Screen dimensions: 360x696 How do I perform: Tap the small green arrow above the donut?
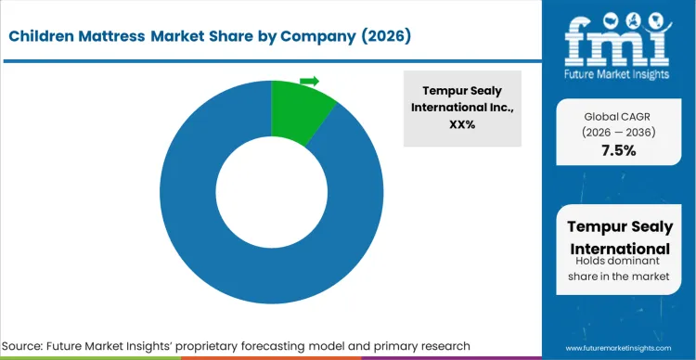(310, 81)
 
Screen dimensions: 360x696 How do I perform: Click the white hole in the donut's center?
(271, 192)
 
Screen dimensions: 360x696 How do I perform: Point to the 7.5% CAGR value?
(617, 151)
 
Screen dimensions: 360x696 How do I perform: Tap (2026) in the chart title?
(381, 36)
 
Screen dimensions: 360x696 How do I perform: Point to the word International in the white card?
(617, 249)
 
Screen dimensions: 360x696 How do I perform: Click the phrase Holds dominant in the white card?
(617, 264)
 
